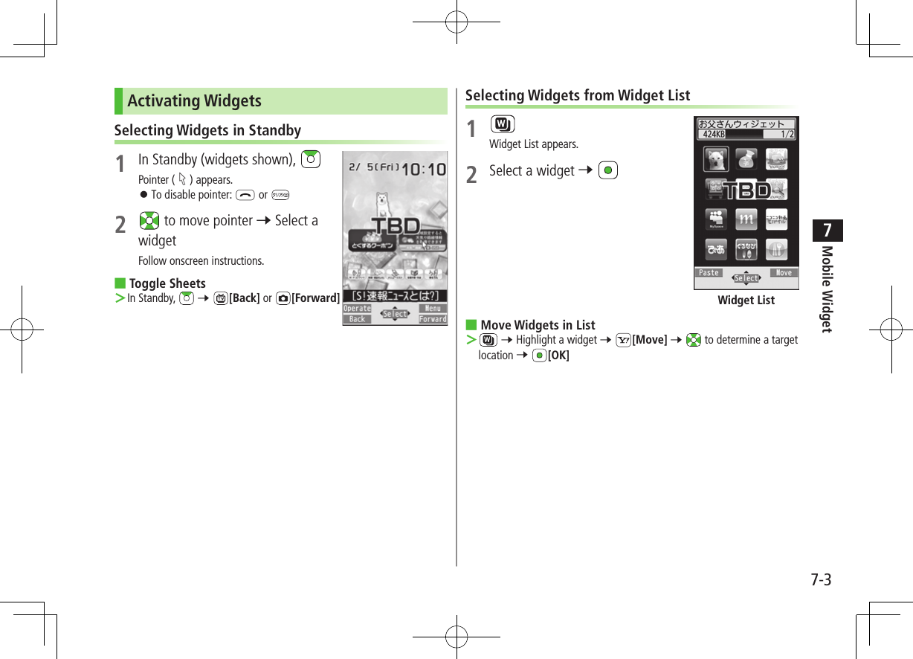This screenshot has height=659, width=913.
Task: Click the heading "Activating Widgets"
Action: click(195, 101)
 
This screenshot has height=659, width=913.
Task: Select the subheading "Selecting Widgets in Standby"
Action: click(207, 131)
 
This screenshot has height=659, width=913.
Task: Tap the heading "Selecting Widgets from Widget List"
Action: click(578, 95)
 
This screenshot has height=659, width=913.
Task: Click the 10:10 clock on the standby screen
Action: click(424, 170)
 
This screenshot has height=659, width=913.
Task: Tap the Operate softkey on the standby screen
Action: click(357, 309)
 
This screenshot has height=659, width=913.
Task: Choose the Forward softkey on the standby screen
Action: click(433, 320)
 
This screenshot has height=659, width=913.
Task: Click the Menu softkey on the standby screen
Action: click(433, 309)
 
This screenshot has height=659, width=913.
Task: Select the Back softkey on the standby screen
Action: click(357, 320)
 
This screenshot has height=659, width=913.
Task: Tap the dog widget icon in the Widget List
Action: click(716, 159)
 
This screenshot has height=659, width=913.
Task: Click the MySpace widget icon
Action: click(716, 219)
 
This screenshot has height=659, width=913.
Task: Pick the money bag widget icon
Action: click(746, 159)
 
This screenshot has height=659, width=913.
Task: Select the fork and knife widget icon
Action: click(776, 248)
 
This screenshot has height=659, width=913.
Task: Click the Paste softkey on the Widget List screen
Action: click(709, 273)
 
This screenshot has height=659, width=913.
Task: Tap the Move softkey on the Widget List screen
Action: click(784, 273)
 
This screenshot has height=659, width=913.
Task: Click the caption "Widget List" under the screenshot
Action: click(746, 300)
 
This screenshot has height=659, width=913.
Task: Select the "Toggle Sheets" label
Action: click(167, 283)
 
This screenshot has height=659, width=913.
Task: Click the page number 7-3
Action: click(821, 580)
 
